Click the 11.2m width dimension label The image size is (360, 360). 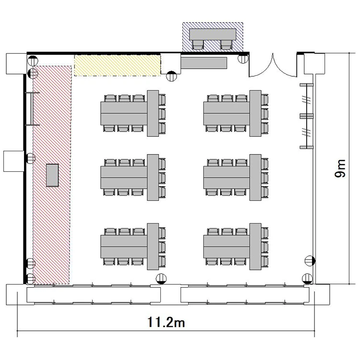pyautogui.click(x=166, y=322)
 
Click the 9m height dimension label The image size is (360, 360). pyautogui.click(x=340, y=168)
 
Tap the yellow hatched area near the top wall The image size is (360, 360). pyautogui.click(x=117, y=65)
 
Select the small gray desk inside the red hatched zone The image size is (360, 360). pyautogui.click(x=52, y=175)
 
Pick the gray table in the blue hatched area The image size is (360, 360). pyautogui.click(x=213, y=34)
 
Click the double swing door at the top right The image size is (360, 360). pyautogui.click(x=273, y=66)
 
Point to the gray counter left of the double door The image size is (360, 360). pyautogui.click(x=204, y=63)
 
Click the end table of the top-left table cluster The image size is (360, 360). pyautogui.click(x=153, y=113)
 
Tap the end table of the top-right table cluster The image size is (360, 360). pyautogui.click(x=255, y=113)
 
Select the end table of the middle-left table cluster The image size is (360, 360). pyautogui.click(x=153, y=177)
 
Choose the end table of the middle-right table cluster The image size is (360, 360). pyautogui.click(x=255, y=177)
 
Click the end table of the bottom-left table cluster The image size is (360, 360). pyautogui.click(x=153, y=246)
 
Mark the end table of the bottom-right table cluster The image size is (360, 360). pyautogui.click(x=255, y=246)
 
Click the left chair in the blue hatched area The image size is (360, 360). pyautogui.click(x=198, y=45)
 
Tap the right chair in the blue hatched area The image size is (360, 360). pyautogui.click(x=226, y=45)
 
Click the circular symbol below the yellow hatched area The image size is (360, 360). pyautogui.click(x=171, y=76)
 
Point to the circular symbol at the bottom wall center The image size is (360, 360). pyautogui.click(x=161, y=279)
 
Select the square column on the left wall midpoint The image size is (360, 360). pyautogui.click(x=14, y=161)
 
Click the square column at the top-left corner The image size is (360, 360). pyautogui.click(x=16, y=63)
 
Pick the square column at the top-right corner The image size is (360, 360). pyautogui.click(x=314, y=63)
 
